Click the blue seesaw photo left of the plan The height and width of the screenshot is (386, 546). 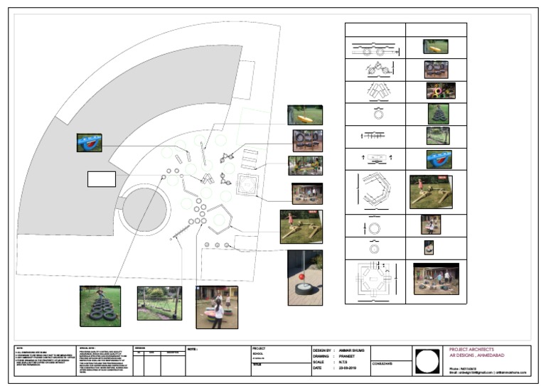(x=90, y=143)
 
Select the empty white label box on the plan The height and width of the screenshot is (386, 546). (x=101, y=179)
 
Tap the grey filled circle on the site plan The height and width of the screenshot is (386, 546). (x=145, y=211)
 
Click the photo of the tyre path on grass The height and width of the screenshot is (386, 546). (x=100, y=306)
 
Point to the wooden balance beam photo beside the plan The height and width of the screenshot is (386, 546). (x=301, y=227)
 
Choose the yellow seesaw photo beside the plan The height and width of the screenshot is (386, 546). (x=305, y=115)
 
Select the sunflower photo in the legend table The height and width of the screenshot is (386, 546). (x=440, y=91)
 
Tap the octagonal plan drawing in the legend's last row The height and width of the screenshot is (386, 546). (x=375, y=282)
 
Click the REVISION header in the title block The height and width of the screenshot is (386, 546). (x=140, y=348)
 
